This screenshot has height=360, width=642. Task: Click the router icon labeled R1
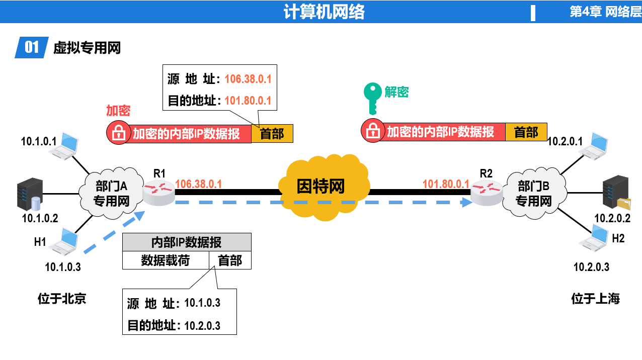[158, 193]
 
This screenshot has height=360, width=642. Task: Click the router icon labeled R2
[487, 193]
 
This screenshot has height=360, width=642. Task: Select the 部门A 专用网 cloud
[111, 193]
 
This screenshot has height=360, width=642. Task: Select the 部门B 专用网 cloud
[534, 193]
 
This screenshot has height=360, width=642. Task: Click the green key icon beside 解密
[372, 98]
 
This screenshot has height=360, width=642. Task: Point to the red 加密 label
[118, 111]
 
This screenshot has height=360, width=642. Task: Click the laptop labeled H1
[63, 241]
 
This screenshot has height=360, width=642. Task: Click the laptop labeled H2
[593, 238]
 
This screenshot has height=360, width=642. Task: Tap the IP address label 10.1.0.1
[39, 141]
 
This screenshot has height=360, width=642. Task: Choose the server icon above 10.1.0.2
[30, 194]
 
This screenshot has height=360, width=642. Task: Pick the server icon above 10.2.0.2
[616, 192]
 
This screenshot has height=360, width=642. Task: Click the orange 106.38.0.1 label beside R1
[198, 184]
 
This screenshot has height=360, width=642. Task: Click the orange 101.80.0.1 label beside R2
[446, 184]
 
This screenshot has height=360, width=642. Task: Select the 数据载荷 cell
[166, 260]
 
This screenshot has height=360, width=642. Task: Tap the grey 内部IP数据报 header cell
[187, 242]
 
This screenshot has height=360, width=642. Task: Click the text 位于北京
[62, 299]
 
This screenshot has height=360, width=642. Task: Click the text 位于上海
[596, 299]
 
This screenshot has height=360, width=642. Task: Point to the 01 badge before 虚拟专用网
[32, 47]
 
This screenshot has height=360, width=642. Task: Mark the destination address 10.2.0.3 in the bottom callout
[202, 326]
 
